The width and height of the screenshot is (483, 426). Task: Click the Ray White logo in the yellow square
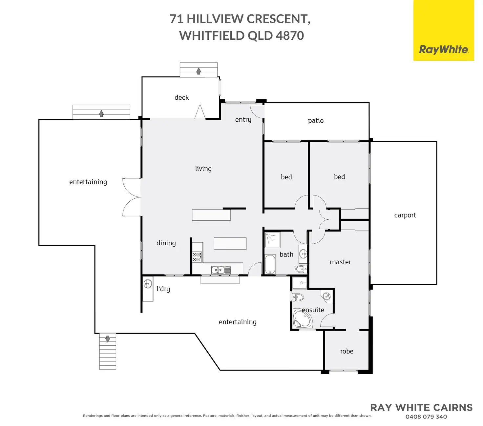pyautogui.click(x=444, y=50)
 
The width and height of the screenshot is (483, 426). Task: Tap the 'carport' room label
pyautogui.click(x=405, y=215)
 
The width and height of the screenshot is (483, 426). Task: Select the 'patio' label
pyautogui.click(x=316, y=121)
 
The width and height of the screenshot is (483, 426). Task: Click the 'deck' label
pyautogui.click(x=182, y=97)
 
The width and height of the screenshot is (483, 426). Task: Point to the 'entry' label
pyautogui.click(x=243, y=120)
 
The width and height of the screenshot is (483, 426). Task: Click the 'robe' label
pyautogui.click(x=346, y=351)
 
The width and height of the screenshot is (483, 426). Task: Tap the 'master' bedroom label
pyautogui.click(x=340, y=262)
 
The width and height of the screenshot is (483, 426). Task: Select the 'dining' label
pyautogui.click(x=166, y=243)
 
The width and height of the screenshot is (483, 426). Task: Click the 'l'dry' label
pyautogui.click(x=163, y=289)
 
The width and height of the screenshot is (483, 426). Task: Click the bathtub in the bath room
pyautogui.click(x=270, y=264)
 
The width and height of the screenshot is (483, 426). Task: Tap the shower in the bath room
pyautogui.click(x=273, y=240)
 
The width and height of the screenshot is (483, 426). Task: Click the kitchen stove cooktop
pyautogui.click(x=197, y=257)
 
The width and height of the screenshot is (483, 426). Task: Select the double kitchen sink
pyautogui.click(x=221, y=270)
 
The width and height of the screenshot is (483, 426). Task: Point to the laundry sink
pyautogui.click(x=148, y=284)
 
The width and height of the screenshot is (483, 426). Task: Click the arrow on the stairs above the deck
pyautogui.click(x=199, y=71)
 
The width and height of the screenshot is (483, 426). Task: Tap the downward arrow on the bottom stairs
pyautogui.click(x=108, y=339)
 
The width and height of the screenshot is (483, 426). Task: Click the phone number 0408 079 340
pyautogui.click(x=426, y=417)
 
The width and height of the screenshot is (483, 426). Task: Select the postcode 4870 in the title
pyautogui.click(x=290, y=35)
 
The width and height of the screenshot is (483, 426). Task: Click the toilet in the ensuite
pyautogui.click(x=298, y=297)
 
